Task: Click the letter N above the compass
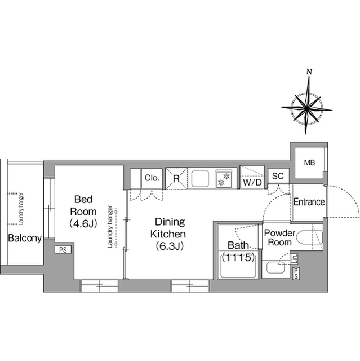(308, 72)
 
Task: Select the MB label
(309, 164)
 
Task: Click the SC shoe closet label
(277, 177)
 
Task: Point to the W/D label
(251, 183)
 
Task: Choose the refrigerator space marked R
(176, 179)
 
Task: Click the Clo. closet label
(151, 178)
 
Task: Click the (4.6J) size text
(83, 223)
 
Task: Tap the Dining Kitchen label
(168, 228)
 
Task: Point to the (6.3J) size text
(168, 246)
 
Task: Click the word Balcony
(25, 238)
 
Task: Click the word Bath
(237, 245)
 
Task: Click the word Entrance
(309, 202)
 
